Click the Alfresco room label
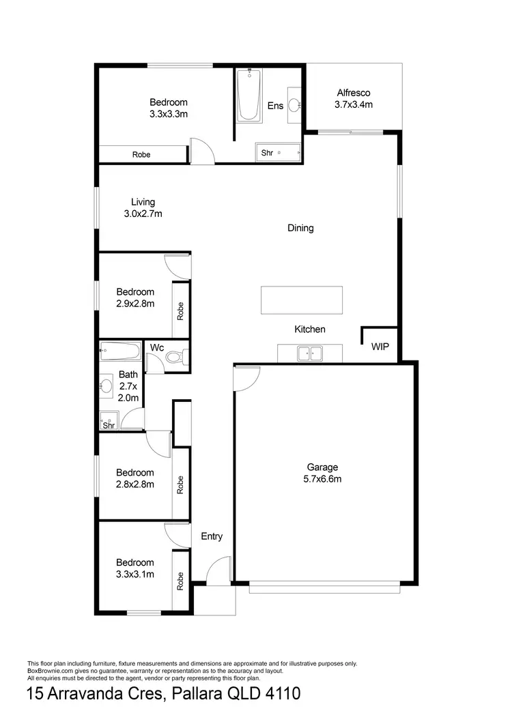click(x=353, y=99)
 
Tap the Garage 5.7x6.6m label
click(x=323, y=473)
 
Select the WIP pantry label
click(x=380, y=347)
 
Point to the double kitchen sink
click(x=311, y=353)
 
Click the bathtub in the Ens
click(x=248, y=97)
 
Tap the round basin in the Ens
click(x=294, y=104)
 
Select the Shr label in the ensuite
click(x=267, y=154)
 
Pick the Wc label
click(x=157, y=347)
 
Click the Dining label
click(x=300, y=228)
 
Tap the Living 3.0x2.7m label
click(x=143, y=207)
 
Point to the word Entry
click(x=212, y=536)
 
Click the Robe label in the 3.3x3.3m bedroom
click(x=141, y=155)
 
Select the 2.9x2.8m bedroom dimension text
click(x=134, y=304)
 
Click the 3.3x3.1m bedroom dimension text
click(x=134, y=574)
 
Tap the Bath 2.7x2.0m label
click(x=128, y=386)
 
